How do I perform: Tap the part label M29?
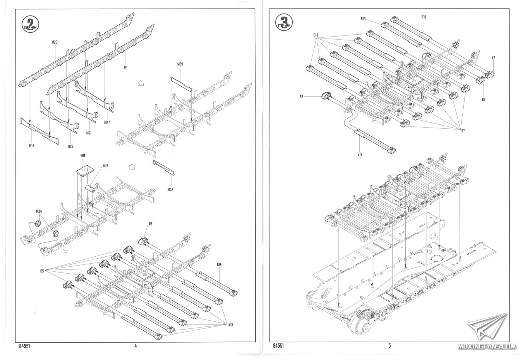tap(54, 42)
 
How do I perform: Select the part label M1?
tap(126, 67)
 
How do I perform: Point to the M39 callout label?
tap(180, 64)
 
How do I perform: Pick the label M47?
tap(107, 123)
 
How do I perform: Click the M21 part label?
tap(89, 133)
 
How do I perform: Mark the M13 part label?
tap(32, 145)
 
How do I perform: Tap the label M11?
tap(83, 155)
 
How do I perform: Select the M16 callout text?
tap(106, 166)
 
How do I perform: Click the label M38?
tap(171, 190)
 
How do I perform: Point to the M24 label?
tap(39, 212)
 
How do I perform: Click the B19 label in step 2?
tap(230, 325)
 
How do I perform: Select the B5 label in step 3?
tap(484, 99)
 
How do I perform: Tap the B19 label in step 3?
tap(363, 19)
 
